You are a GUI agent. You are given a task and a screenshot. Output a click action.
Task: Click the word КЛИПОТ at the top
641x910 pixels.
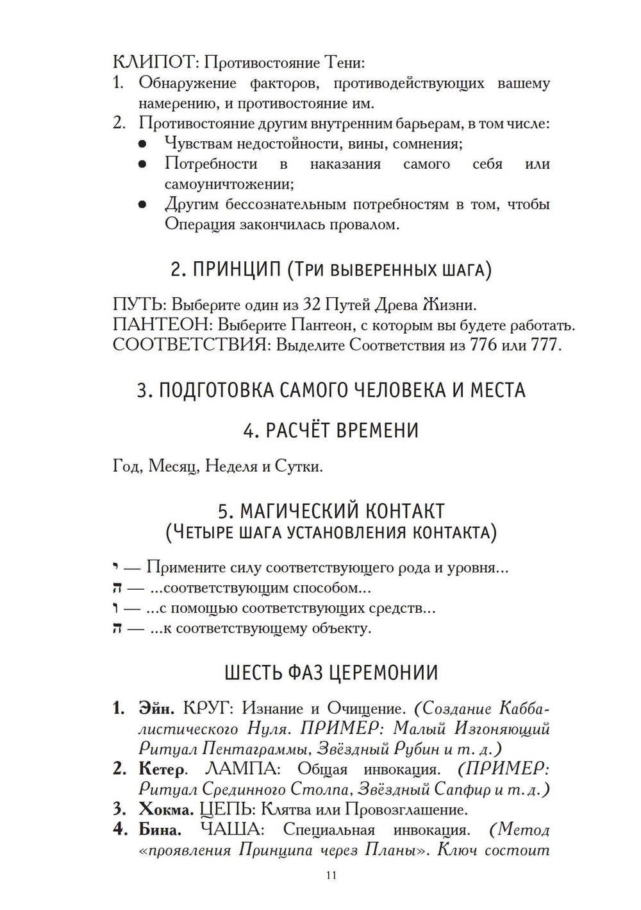click(153, 63)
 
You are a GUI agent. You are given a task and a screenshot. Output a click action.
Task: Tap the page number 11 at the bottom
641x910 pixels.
click(331, 875)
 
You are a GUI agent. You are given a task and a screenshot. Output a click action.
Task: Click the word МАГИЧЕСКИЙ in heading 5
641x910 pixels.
click(298, 511)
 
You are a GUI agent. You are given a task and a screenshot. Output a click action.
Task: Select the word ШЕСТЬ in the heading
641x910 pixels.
click(254, 673)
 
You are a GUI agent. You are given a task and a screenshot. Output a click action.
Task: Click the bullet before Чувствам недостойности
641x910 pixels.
click(144, 144)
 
